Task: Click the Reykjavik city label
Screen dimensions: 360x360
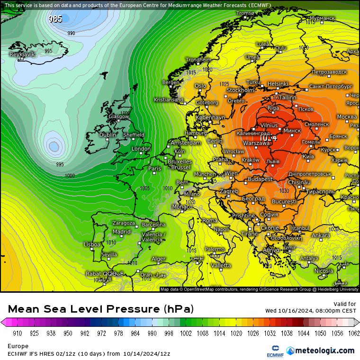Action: pyautogui.click(x=22, y=54)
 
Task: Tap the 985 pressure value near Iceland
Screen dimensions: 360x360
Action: pyautogui.click(x=55, y=19)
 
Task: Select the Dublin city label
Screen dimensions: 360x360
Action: pyautogui.click(x=108, y=135)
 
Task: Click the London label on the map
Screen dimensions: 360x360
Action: pyautogui.click(x=141, y=149)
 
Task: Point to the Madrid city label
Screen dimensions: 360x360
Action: pyautogui.click(x=121, y=232)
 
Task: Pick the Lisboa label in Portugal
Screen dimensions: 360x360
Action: pyautogui.click(x=92, y=244)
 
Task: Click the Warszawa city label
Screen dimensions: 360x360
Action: pyautogui.click(x=256, y=143)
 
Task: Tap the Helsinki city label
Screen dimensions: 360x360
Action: pyautogui.click(x=278, y=84)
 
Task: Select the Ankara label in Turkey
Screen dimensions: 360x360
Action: pyautogui.click(x=321, y=235)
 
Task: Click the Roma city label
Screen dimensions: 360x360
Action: pyautogui.click(x=210, y=220)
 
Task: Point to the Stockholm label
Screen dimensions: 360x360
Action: pyautogui.click(x=240, y=90)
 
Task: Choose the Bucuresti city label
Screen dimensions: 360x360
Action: pyautogui.click(x=284, y=202)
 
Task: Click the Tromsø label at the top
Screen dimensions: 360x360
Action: pyautogui.click(x=245, y=13)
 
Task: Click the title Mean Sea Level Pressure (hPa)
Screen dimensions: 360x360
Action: pyautogui.click(x=101, y=309)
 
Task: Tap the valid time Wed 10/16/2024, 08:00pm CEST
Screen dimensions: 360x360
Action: pyautogui.click(x=310, y=311)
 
